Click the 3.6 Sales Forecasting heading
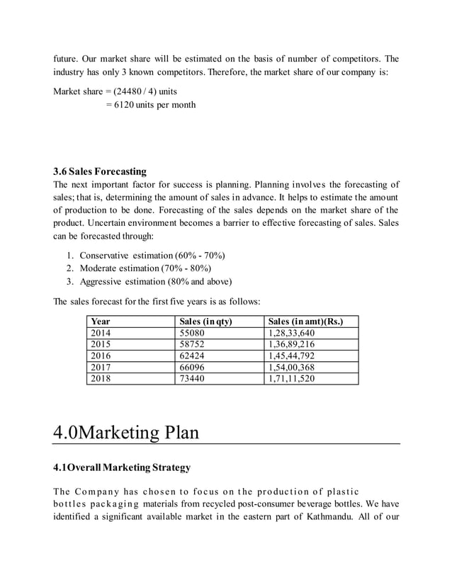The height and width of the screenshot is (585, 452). pyautogui.click(x=100, y=171)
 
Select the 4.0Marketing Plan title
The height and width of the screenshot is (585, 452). pyautogui.click(x=125, y=431)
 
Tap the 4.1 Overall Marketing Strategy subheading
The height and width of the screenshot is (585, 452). pyautogui.click(x=122, y=468)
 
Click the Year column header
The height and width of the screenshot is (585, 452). pyautogui.click(x=101, y=322)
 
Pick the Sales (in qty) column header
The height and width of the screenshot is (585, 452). pyautogui.click(x=206, y=322)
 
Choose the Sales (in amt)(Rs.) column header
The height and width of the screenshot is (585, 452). pyautogui.click(x=305, y=322)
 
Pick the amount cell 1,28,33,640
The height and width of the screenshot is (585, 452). pyautogui.click(x=291, y=333)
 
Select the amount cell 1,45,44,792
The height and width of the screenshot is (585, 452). pyautogui.click(x=291, y=356)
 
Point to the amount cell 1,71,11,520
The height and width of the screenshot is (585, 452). pyautogui.click(x=291, y=378)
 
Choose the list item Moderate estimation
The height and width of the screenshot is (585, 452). pyautogui.click(x=145, y=268)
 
